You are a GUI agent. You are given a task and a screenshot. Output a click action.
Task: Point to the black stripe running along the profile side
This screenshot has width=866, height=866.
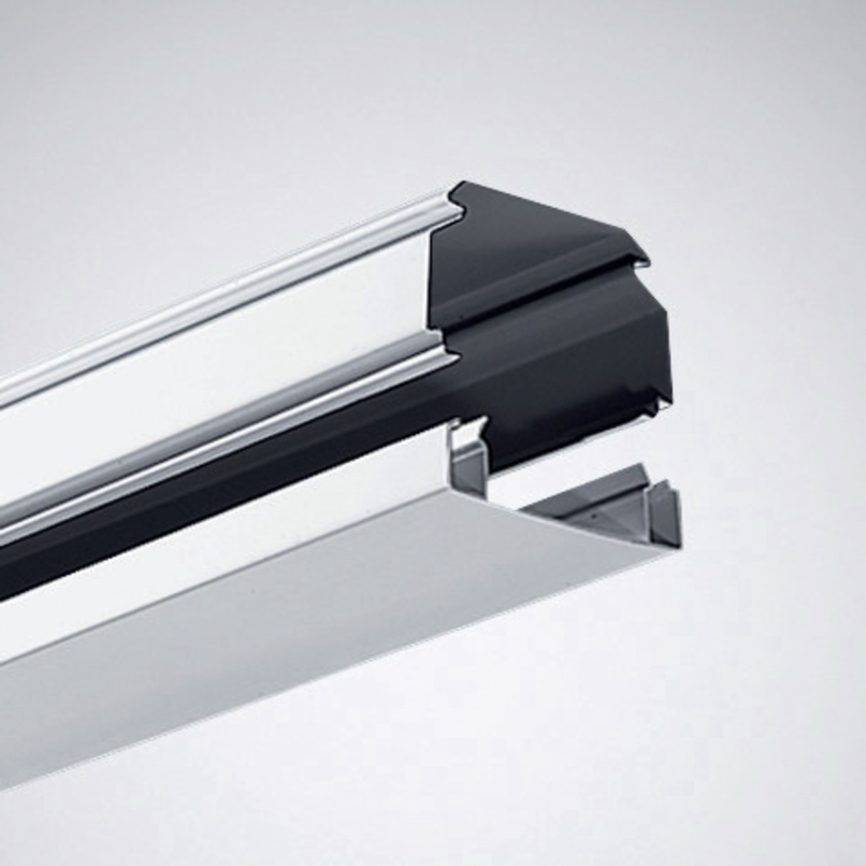coord(216,491)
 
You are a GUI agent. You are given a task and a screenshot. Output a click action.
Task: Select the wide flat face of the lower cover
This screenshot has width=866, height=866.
coord(289,635)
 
